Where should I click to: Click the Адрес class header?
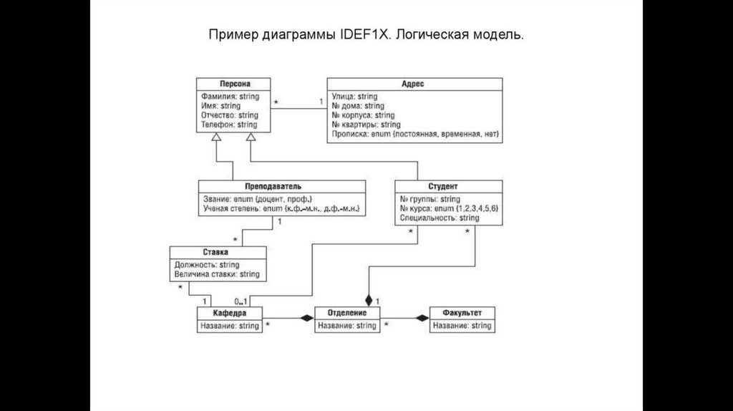414,84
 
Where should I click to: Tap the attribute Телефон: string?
230,125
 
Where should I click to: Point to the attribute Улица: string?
355,96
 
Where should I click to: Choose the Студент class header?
448,185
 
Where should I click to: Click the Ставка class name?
218,252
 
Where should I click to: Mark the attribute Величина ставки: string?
217,274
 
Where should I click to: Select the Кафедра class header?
228,314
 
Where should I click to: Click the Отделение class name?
347,314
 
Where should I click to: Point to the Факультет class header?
462,314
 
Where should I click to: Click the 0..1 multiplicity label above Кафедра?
241,301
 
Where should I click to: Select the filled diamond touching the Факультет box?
422,318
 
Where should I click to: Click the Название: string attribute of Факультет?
462,326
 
